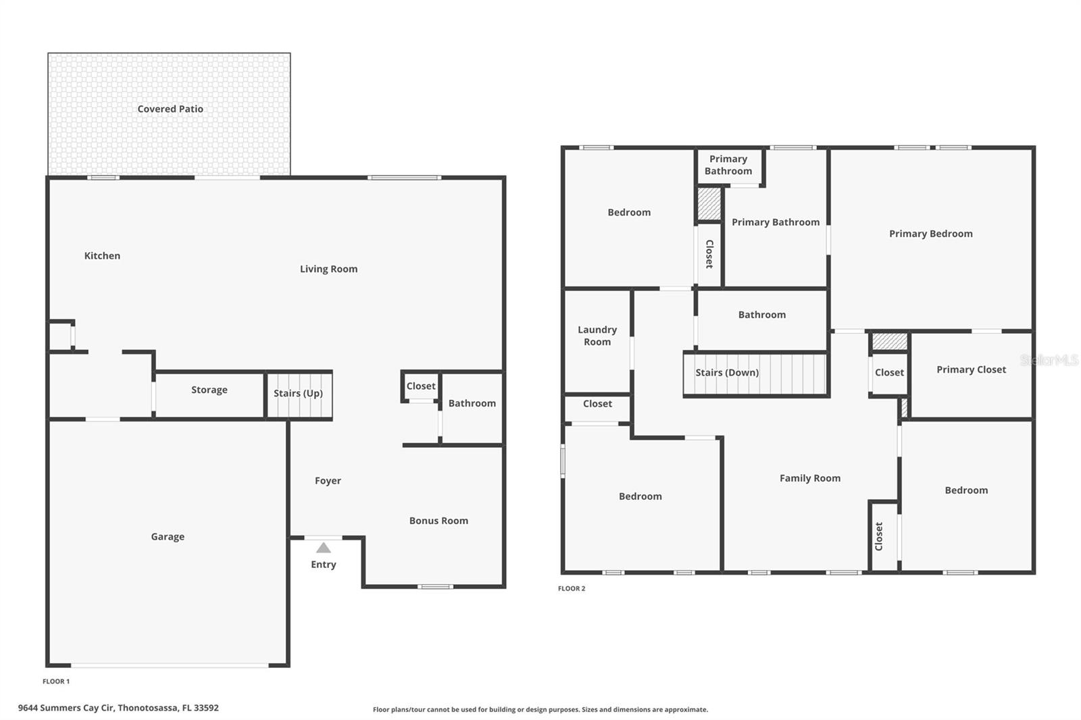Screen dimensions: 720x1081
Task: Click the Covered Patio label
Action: tap(170, 109)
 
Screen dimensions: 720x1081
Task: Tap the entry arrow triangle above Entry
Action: tap(324, 548)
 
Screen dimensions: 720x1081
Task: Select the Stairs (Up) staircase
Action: tap(299, 394)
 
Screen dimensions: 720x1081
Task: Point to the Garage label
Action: tap(168, 537)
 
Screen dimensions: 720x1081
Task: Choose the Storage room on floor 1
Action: tap(209, 390)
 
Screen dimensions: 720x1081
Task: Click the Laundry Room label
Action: tap(597, 336)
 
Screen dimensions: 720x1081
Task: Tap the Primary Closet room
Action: tap(971, 370)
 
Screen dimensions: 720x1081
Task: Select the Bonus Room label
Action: tap(438, 521)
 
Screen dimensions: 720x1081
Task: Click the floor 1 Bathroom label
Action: tap(472, 403)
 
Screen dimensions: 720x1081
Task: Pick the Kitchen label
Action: tap(102, 256)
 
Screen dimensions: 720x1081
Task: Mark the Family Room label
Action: tap(810, 478)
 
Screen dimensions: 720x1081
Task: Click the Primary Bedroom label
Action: tap(930, 234)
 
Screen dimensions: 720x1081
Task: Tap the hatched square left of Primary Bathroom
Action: tap(709, 204)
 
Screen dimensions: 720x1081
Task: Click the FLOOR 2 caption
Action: tap(572, 589)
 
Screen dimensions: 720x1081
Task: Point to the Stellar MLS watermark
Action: tap(1049, 361)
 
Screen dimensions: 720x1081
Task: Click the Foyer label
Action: tap(328, 481)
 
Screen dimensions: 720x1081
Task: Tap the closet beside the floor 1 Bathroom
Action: tap(421, 386)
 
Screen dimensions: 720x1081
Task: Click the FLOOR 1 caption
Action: tap(56, 682)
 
